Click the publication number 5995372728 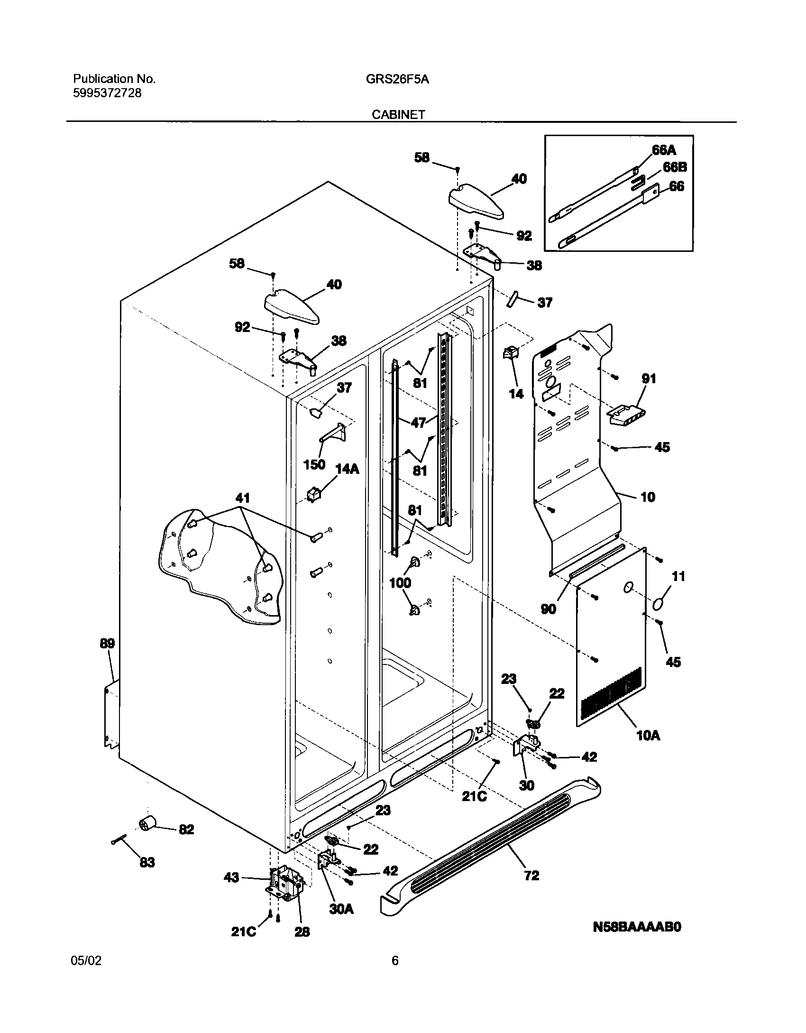[x=107, y=93]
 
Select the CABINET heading [x=398, y=115]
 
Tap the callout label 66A [x=664, y=150]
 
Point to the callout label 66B [x=675, y=167]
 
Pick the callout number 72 [x=531, y=875]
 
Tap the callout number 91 [x=649, y=378]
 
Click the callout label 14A [x=347, y=469]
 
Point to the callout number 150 [x=314, y=464]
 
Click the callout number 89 [x=107, y=644]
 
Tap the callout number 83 [x=147, y=862]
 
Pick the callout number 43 [x=231, y=878]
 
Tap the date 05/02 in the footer [x=86, y=961]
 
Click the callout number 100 [x=400, y=583]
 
